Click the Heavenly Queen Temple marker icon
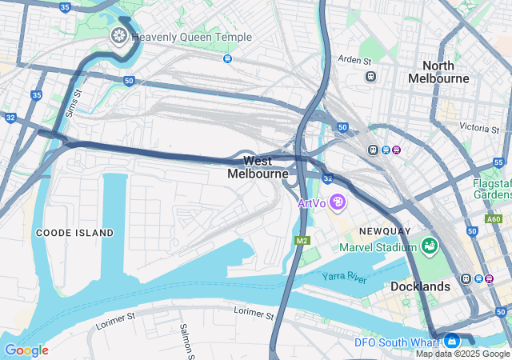pyautogui.click(x=118, y=37)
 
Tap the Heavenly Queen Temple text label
pyautogui.click(x=191, y=38)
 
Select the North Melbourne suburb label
pyautogui.click(x=438, y=72)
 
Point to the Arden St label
pyautogui.click(x=354, y=60)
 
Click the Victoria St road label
pyautogui.click(x=479, y=128)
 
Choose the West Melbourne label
pyautogui.click(x=258, y=167)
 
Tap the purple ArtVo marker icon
pyautogui.click(x=338, y=203)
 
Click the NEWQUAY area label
pyautogui.click(x=385, y=231)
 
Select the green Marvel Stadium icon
pyautogui.click(x=429, y=245)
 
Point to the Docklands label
pyautogui.click(x=420, y=286)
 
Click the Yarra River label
pyautogui.click(x=344, y=277)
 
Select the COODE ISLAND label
pyautogui.click(x=74, y=233)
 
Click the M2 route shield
pyautogui.click(x=302, y=241)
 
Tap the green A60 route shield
pyautogui.click(x=493, y=219)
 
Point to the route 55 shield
pyautogui.click(x=498, y=163)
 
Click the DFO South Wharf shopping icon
pyautogui.click(x=452, y=340)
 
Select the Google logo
pyautogui.click(x=26, y=350)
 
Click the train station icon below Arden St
pyautogui.click(x=370, y=77)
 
